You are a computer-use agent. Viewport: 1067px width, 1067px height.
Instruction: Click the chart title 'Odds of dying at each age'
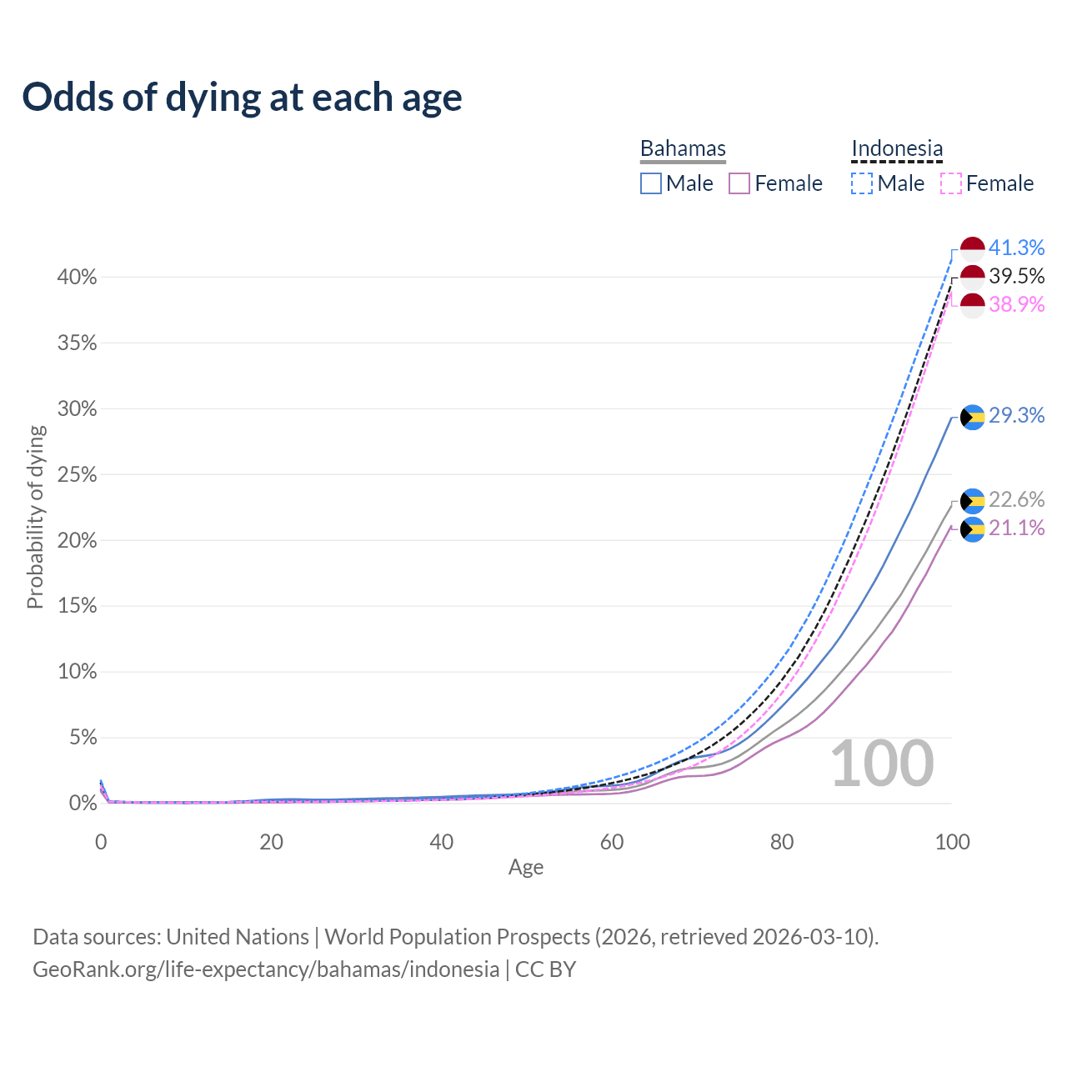(242, 98)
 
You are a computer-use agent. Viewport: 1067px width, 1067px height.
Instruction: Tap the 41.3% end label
(1016, 248)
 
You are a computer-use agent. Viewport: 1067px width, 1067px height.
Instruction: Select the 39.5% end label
(1016, 276)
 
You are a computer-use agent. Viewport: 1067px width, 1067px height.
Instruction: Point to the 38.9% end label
(1016, 304)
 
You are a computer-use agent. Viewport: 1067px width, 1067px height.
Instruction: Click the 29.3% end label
(1016, 415)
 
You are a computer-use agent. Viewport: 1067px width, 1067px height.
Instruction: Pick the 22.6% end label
(1016, 499)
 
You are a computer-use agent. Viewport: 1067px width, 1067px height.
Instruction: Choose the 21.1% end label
(1016, 528)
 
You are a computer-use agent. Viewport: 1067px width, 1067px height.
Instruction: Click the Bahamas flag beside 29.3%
(973, 417)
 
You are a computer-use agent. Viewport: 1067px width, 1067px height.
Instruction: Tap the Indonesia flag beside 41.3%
(973, 248)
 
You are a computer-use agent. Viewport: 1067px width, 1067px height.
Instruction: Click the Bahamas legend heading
(683, 148)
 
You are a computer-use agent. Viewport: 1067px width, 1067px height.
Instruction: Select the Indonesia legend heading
(897, 148)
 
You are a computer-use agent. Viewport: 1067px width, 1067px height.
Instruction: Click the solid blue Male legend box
(651, 183)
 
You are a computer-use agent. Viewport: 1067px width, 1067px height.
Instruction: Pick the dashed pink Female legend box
(951, 183)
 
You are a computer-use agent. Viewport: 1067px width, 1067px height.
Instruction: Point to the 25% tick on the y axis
(78, 475)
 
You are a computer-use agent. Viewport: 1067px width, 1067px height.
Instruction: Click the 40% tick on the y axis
(78, 278)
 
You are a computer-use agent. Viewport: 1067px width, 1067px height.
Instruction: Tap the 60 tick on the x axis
(612, 842)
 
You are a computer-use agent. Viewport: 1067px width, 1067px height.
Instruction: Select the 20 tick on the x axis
(271, 842)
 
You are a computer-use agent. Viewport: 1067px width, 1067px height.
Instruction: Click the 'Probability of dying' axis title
(35, 517)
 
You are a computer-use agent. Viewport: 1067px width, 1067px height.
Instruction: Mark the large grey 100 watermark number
(882, 764)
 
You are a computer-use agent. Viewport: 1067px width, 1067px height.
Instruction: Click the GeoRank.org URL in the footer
(266, 969)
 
